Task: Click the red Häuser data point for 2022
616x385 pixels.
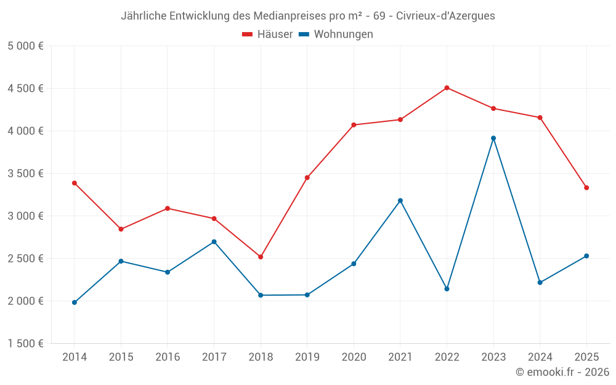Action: [x=447, y=87]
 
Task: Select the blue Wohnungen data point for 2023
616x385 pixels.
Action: [x=493, y=138]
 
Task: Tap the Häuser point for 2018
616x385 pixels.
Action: [x=261, y=257]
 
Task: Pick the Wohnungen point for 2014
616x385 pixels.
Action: [x=75, y=302]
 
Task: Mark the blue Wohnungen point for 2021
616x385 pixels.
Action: [x=400, y=200]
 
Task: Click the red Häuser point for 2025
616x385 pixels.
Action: [x=586, y=188]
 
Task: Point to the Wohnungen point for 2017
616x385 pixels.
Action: [x=214, y=241]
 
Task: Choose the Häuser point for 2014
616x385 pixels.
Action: [x=75, y=183]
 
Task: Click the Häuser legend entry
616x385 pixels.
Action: [x=267, y=34]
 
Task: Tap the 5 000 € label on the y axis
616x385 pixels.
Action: [x=25, y=46]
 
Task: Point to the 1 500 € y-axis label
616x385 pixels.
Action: [x=25, y=344]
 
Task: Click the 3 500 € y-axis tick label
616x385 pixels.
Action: [x=25, y=174]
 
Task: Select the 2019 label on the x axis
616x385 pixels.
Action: [x=307, y=357]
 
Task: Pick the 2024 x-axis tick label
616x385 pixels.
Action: [x=540, y=357]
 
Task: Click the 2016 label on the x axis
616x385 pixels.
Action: [x=168, y=357]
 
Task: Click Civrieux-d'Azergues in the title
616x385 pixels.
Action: [x=445, y=16]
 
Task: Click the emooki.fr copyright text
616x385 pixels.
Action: [x=562, y=372]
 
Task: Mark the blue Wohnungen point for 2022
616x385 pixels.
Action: [x=447, y=289]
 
